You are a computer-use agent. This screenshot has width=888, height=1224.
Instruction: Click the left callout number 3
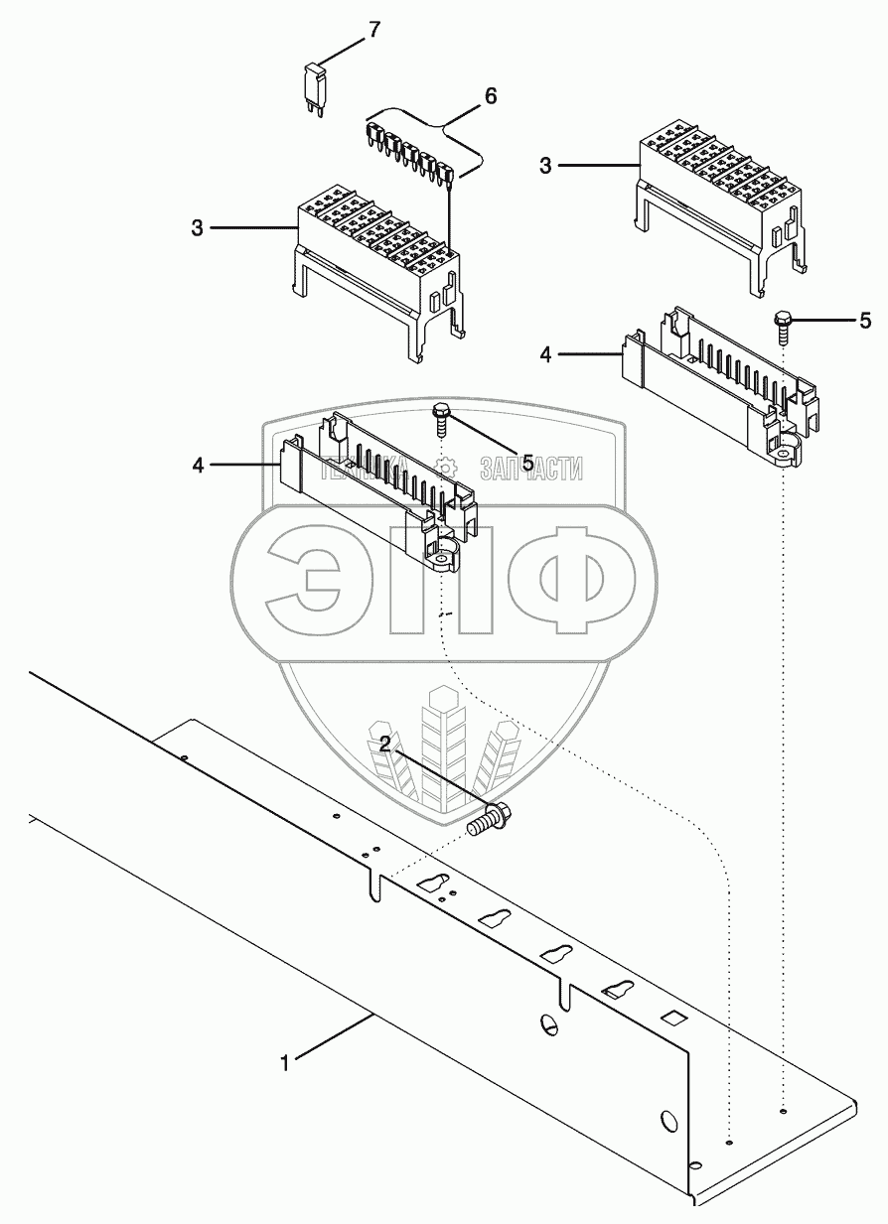(x=198, y=228)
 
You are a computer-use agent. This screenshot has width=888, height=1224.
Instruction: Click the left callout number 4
(x=199, y=464)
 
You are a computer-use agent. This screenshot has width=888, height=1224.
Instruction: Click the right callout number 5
(x=864, y=320)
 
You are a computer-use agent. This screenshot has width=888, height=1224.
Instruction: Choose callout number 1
(x=286, y=1061)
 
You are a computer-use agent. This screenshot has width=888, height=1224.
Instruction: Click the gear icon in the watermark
(x=448, y=465)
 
